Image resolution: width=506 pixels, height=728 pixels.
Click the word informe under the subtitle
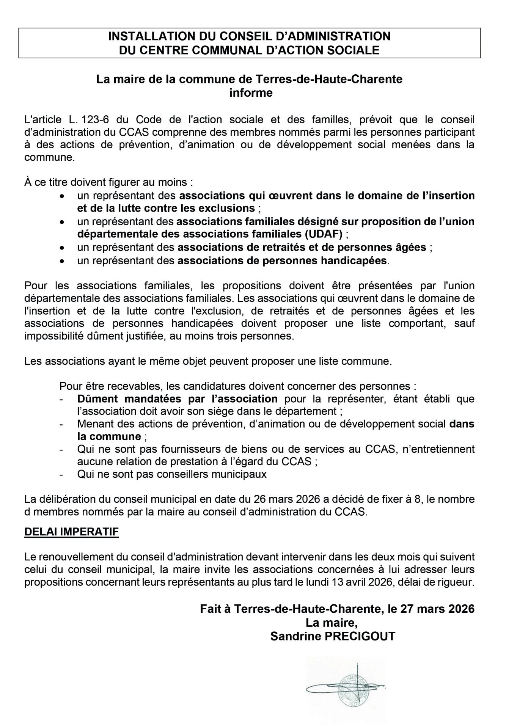coord(251,93)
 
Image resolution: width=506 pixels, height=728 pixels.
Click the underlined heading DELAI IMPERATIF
coord(71,532)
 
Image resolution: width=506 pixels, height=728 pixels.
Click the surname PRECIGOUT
coord(358,636)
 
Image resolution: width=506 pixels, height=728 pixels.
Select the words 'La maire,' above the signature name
coord(332,623)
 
